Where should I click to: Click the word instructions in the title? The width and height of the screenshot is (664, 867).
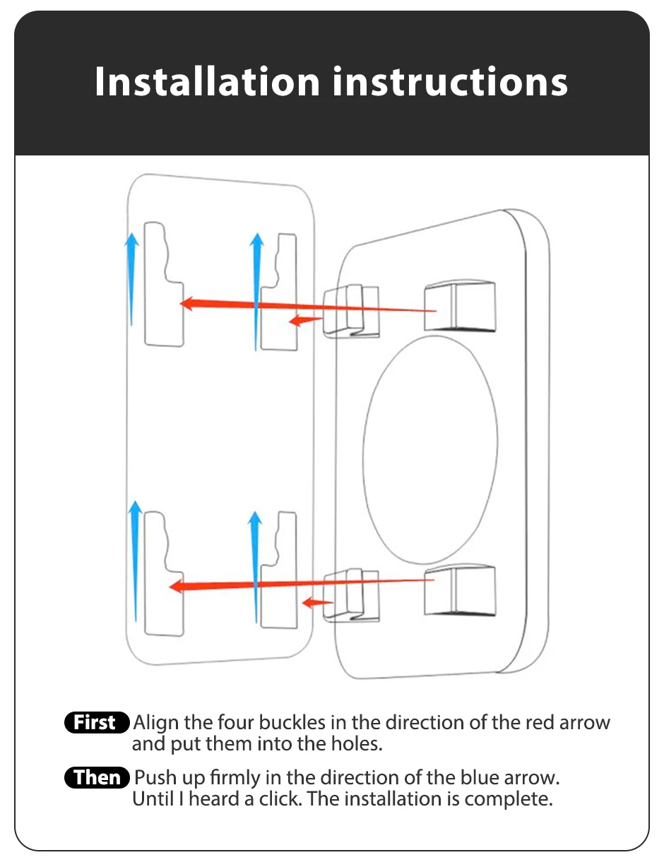tap(450, 82)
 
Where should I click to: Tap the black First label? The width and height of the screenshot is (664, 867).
tap(97, 723)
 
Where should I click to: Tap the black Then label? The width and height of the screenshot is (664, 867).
tap(97, 777)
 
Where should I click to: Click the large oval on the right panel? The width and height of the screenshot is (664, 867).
tap(430, 444)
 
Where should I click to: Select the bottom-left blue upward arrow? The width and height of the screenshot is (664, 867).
tap(134, 558)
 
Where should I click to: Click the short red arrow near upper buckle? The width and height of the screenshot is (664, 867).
tap(305, 320)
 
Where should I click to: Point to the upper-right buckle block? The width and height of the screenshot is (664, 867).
tap(459, 306)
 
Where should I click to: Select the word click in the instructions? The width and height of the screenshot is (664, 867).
tap(279, 799)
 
